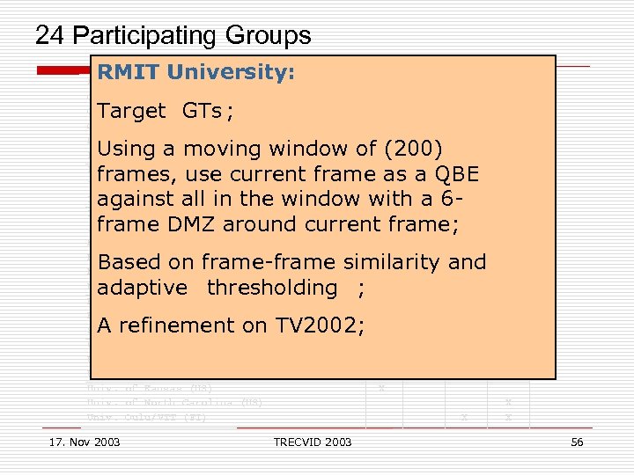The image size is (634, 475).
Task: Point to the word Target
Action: pyautogui.click(x=131, y=111)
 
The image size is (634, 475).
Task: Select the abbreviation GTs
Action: pyautogui.click(x=202, y=111)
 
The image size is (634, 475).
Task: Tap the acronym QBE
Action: pyautogui.click(x=453, y=174)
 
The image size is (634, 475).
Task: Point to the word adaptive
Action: pyautogui.click(x=142, y=288)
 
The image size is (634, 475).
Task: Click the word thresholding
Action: pyautogui.click(x=272, y=288)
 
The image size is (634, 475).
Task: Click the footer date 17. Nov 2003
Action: pyautogui.click(x=85, y=442)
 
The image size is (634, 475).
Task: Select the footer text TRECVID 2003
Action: pyautogui.click(x=313, y=442)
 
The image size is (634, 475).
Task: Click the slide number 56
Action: pyautogui.click(x=577, y=442)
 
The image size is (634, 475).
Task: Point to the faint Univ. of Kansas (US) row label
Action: pyautogui.click(x=150, y=388)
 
